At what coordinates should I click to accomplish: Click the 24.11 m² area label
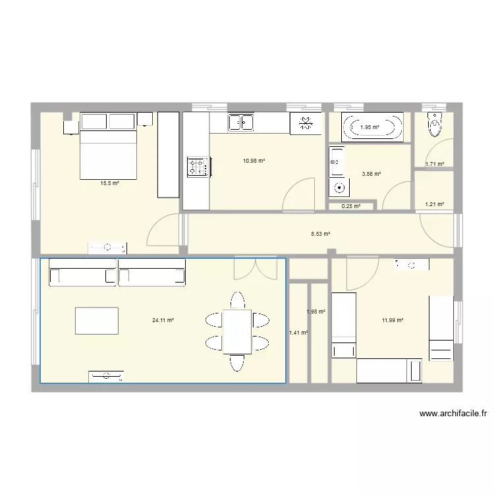point(163,320)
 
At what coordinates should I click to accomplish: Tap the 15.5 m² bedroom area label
point(109,183)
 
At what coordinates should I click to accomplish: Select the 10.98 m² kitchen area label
point(254,161)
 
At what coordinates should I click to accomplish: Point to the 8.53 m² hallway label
point(321,234)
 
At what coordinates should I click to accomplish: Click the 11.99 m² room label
point(393,320)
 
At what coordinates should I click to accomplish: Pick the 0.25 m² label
point(351,206)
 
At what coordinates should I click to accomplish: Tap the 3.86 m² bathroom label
point(371,174)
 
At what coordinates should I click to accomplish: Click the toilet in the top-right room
point(435,124)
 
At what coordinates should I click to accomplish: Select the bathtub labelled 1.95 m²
point(372,127)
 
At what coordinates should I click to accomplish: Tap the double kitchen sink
point(241,123)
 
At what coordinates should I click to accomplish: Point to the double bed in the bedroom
point(109,146)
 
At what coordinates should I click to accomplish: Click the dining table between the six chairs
point(237,332)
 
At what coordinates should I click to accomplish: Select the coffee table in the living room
point(97,321)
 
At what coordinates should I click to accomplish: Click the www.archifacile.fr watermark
point(453,414)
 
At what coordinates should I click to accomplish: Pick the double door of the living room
point(256,269)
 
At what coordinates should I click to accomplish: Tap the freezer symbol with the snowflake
point(306,123)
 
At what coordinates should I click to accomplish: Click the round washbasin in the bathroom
point(339,188)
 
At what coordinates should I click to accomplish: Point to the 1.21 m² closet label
point(435,204)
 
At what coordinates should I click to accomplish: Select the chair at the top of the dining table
point(238,300)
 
